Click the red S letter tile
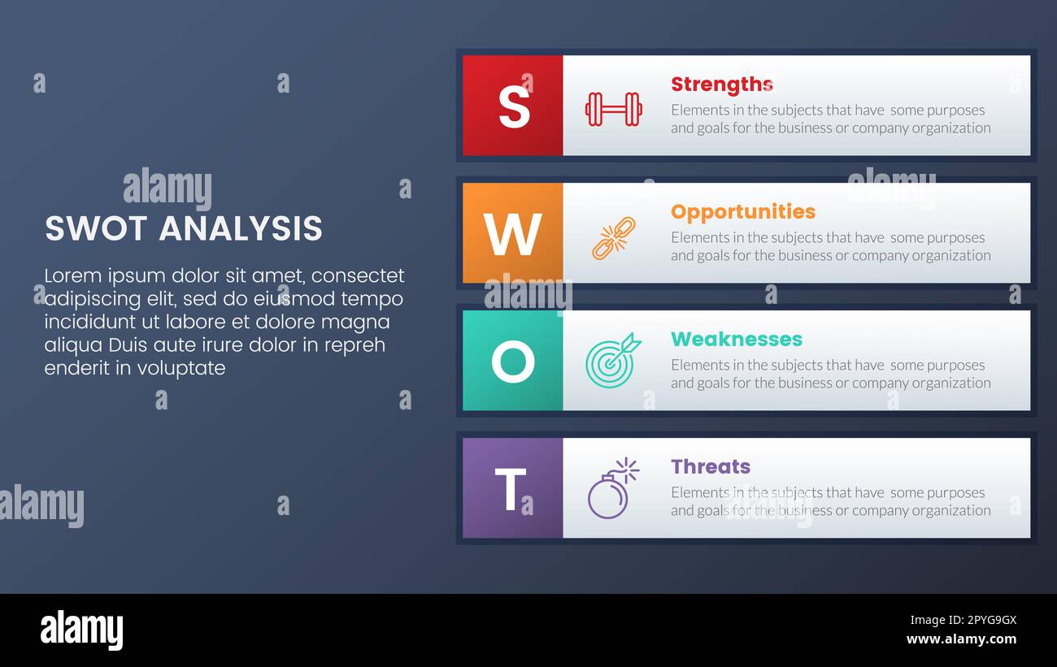coord(513,106)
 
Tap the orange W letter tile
coord(513,233)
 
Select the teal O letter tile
coord(513,361)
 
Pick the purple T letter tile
coord(513,488)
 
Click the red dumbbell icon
coord(613,109)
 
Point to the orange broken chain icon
coord(613,238)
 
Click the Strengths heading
coord(721,84)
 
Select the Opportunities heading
coord(742,212)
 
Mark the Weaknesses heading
coord(736,340)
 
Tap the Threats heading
coord(710,467)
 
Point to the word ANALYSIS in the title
coord(241,229)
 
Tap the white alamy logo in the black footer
coord(82,630)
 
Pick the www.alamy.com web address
coord(961,639)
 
